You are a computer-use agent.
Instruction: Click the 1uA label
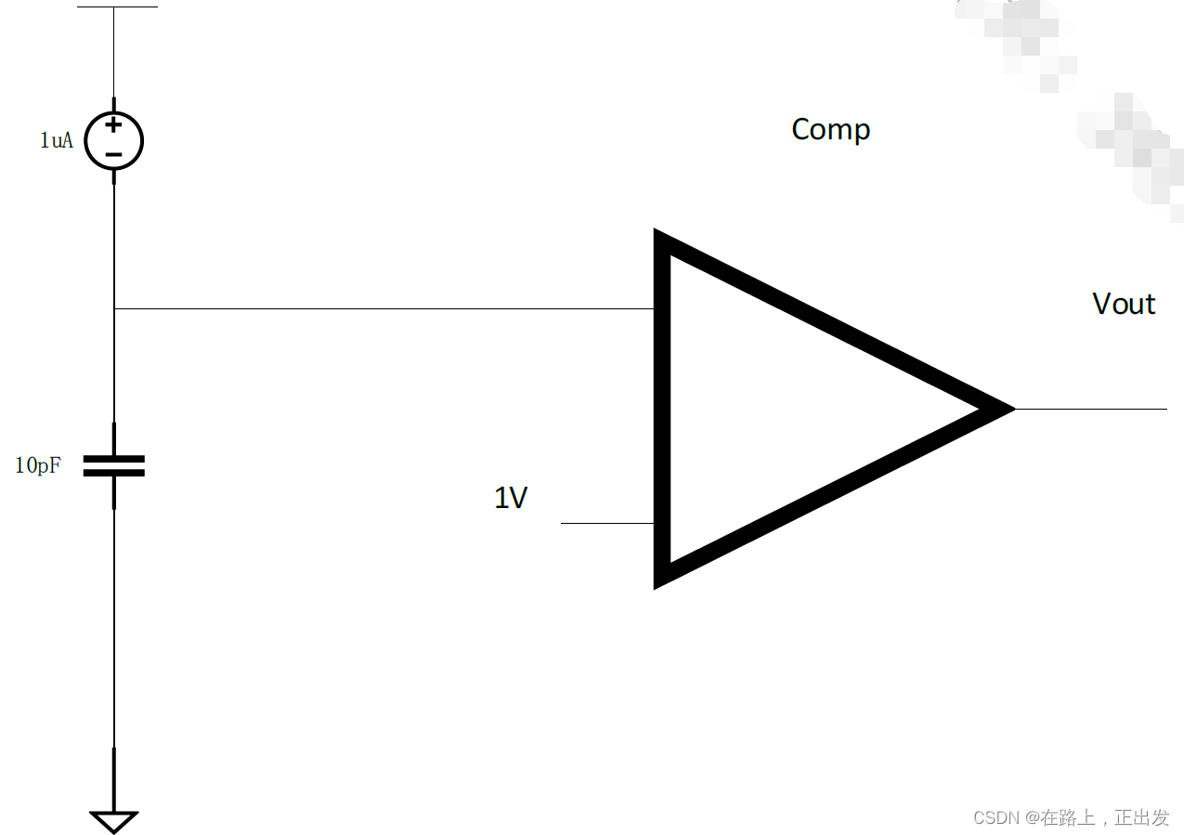pos(56,141)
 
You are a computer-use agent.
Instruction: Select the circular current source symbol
pos(113,142)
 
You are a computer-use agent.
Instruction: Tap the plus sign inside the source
pos(113,124)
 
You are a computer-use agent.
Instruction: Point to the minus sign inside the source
pos(113,154)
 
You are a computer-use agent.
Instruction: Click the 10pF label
pos(38,465)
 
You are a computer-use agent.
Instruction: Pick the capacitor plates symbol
pos(114,465)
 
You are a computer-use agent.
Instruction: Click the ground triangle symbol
pos(114,821)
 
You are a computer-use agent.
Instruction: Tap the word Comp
pos(830,129)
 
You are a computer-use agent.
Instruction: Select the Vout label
pos(1124,304)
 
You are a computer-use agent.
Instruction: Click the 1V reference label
pos(511,498)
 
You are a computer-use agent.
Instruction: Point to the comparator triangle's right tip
pos(1008,409)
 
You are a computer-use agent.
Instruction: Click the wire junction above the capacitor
pos(114,308)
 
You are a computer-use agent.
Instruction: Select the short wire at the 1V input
pos(607,523)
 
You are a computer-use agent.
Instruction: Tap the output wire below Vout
pos(1091,409)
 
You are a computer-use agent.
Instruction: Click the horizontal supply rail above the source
pos(117,7)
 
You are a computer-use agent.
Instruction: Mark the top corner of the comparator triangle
pos(660,237)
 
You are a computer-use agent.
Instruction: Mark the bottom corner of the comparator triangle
pos(660,581)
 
